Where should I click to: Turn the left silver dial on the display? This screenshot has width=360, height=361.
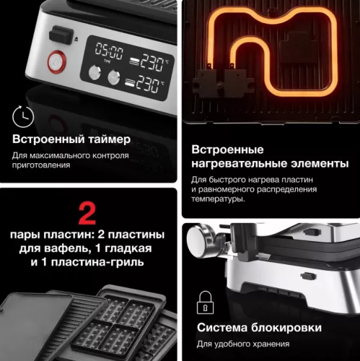[x=94, y=72]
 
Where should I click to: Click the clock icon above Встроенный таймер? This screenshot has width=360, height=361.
[x=22, y=115]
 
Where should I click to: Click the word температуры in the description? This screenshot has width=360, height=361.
[x=218, y=199]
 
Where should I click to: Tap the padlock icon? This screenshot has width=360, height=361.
[x=206, y=302]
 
